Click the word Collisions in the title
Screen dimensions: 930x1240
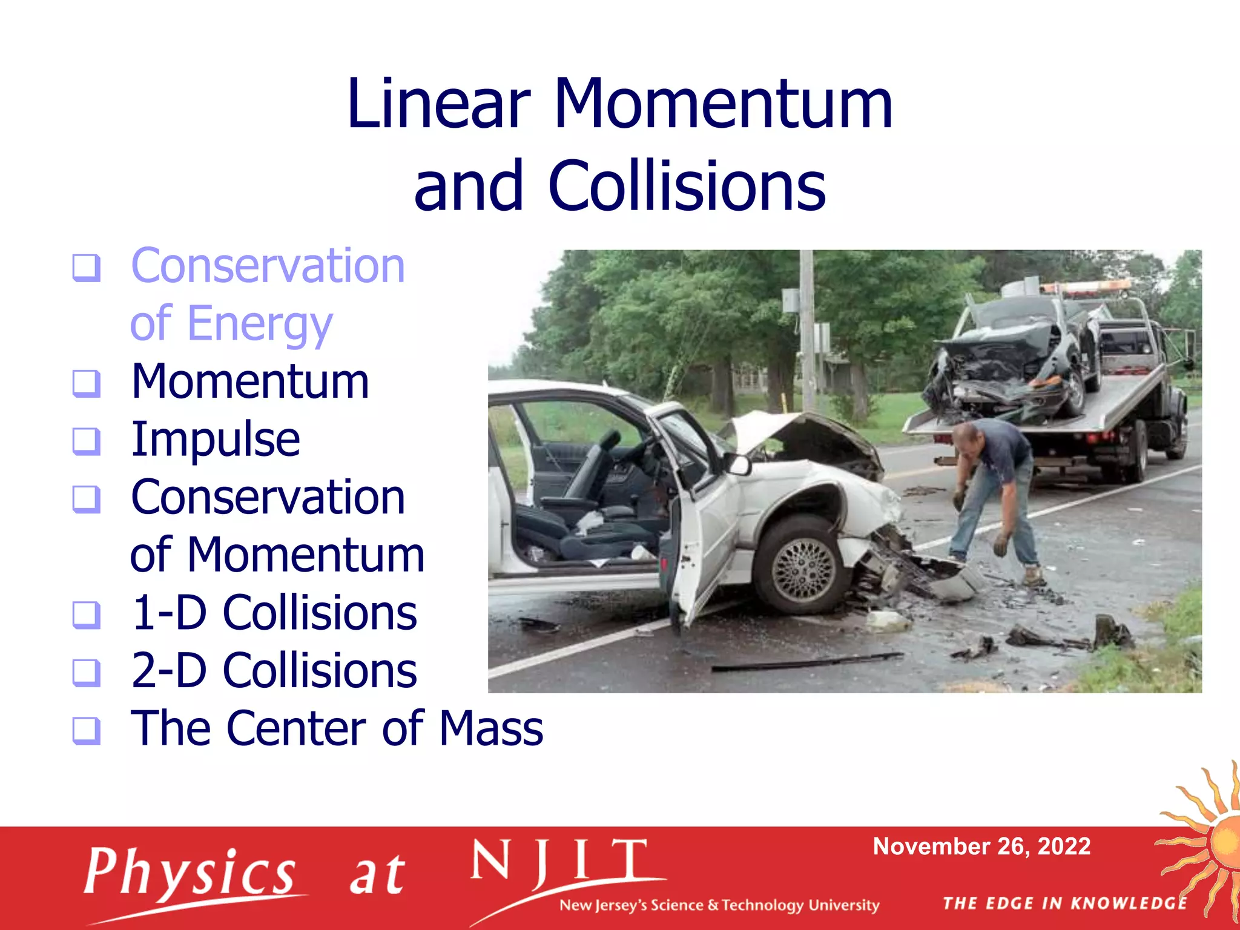(x=687, y=186)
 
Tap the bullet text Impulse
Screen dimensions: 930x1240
(x=216, y=439)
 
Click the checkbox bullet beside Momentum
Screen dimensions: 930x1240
(x=86, y=383)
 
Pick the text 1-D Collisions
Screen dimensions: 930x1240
(x=274, y=613)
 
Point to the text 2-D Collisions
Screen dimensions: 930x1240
(x=274, y=671)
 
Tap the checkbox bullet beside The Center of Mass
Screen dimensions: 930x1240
(x=86, y=730)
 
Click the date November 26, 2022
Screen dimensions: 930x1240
(x=981, y=846)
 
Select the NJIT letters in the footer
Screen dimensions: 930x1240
(x=559, y=862)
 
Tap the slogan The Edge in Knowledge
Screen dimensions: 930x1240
(x=1064, y=903)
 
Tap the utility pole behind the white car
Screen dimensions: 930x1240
(x=806, y=327)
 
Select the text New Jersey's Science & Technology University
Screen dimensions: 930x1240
(x=719, y=905)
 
